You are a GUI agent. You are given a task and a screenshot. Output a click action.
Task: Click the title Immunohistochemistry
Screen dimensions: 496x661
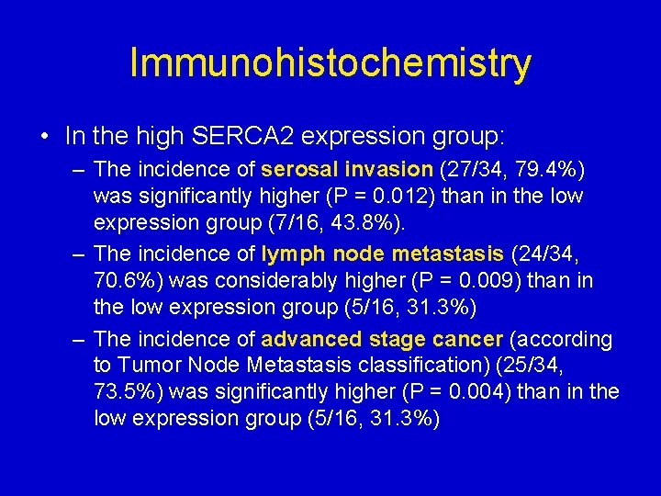coord(330,63)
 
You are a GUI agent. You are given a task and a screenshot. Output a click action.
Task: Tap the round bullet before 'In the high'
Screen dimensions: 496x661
coord(46,137)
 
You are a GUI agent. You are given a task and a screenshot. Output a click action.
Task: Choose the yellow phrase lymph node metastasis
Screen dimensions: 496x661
coord(382,254)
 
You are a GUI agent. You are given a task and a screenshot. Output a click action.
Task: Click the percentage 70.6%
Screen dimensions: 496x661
coord(122,280)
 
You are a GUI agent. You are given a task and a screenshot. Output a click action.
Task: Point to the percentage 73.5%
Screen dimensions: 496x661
coord(122,391)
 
